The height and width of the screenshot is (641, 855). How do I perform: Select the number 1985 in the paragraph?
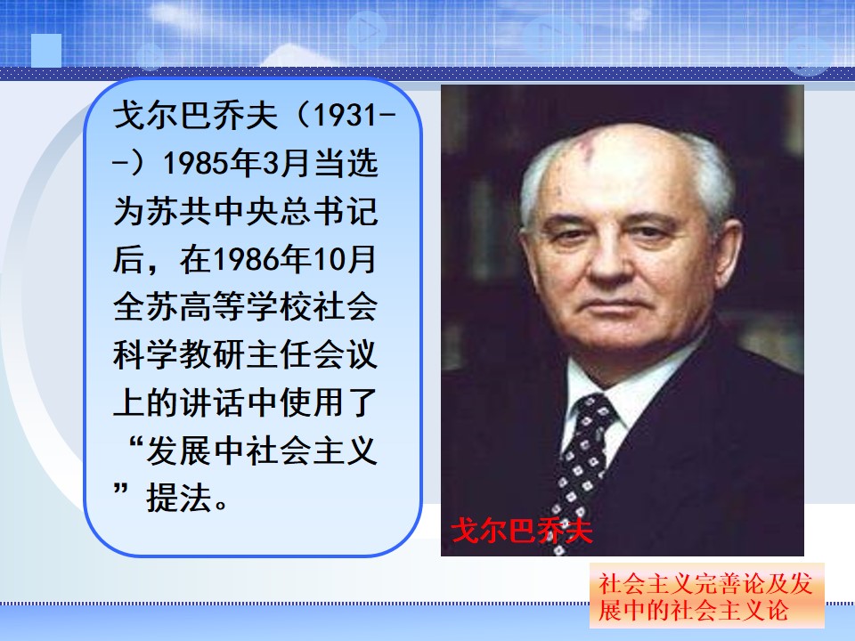pos(196,163)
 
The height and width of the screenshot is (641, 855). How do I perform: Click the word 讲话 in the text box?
pos(211,403)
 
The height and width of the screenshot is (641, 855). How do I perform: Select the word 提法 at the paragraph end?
pos(178,499)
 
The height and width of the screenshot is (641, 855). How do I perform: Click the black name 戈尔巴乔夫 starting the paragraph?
pos(195,115)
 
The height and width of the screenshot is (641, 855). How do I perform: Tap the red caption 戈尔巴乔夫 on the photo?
pos(521,530)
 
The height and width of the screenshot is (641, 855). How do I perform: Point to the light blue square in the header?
pos(46,51)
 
